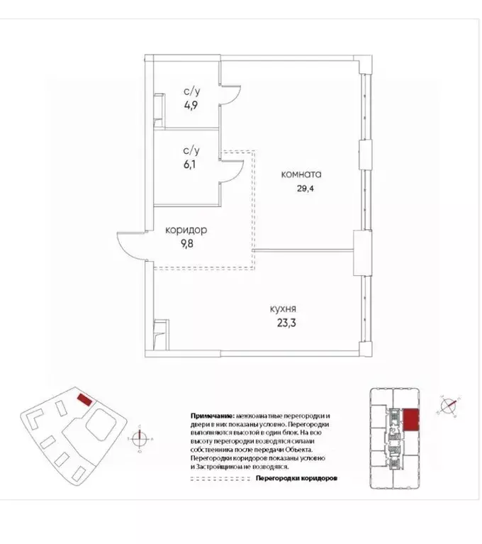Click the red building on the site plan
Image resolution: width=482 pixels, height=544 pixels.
(84, 399)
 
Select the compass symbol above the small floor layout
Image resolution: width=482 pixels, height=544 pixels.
(449, 406)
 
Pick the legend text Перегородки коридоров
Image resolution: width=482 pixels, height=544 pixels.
(296, 479)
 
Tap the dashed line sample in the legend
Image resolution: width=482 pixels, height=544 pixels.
(220, 479)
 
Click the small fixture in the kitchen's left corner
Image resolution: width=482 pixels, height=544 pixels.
(161, 333)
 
